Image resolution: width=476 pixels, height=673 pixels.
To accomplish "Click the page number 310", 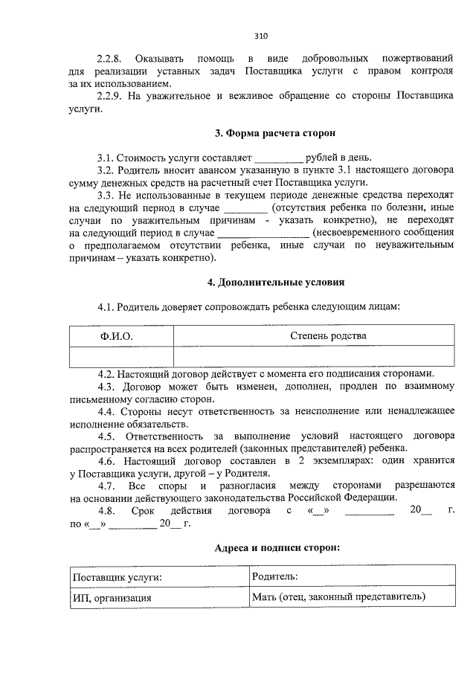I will pyautogui.click(x=260, y=36).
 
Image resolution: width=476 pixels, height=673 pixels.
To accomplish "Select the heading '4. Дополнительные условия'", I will pyautogui.click(x=275, y=283).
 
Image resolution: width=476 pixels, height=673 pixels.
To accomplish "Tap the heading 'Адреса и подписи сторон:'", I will pyautogui.click(x=277, y=547).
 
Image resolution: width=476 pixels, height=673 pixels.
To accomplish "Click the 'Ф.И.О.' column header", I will pyautogui.click(x=117, y=337).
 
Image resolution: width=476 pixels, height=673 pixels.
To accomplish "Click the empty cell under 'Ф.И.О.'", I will pyautogui.click(x=120, y=358).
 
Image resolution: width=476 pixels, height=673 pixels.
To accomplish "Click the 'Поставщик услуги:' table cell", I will pyautogui.click(x=118, y=576).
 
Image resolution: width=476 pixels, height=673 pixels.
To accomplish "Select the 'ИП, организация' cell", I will pyautogui.click(x=112, y=596).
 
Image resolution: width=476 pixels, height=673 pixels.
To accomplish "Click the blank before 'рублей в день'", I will pyautogui.click(x=279, y=158).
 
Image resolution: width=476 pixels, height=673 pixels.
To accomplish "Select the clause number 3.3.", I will pyautogui.click(x=106, y=194).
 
